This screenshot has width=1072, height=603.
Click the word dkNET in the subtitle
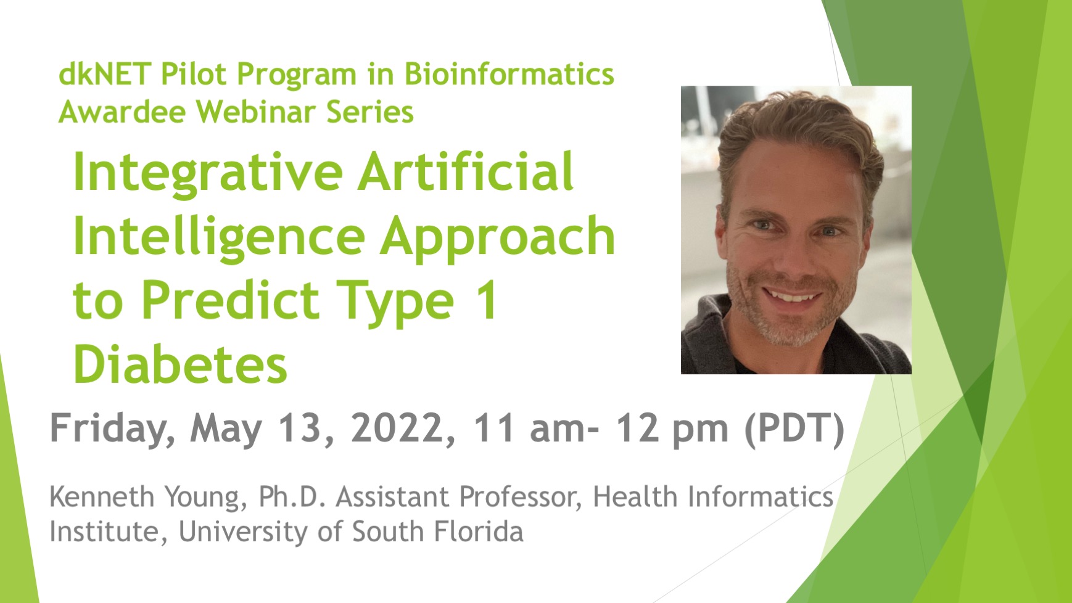(105, 74)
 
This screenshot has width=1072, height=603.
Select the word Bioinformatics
(509, 74)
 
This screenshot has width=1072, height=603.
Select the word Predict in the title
(230, 300)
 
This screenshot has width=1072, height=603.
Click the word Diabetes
(181, 364)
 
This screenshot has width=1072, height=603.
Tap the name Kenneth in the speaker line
(102, 497)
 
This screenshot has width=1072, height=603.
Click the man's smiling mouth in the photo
(794, 297)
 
